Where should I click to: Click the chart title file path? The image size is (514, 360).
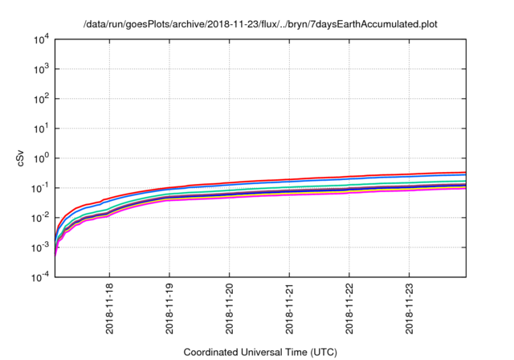261,24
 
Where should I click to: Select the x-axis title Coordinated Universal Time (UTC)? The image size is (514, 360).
260,352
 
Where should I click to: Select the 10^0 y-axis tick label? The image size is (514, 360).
41,158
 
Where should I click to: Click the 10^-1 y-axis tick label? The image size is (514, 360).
39,188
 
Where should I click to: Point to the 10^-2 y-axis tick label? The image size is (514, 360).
39,218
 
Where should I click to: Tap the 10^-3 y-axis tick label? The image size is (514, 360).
39,247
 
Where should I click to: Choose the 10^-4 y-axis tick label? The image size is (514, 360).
39,277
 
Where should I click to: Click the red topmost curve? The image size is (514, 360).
321,178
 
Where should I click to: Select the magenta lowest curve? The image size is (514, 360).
321,195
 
